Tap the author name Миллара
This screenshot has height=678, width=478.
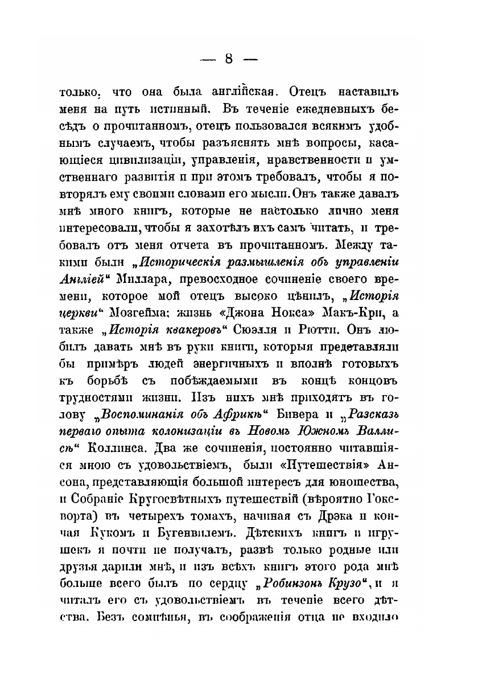(145, 279)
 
